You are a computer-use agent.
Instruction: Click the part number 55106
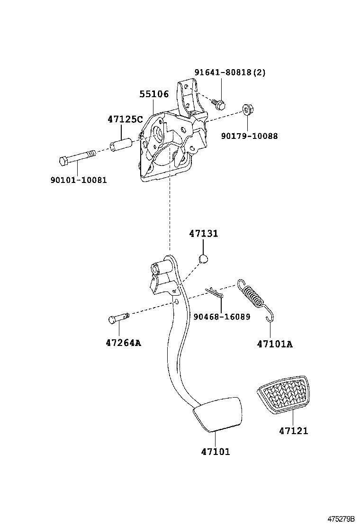coord(154,94)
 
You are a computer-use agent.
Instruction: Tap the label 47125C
coord(125,119)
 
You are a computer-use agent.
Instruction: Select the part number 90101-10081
coord(78,180)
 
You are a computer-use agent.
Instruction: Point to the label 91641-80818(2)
coord(230,73)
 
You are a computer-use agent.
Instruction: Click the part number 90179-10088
coord(249,136)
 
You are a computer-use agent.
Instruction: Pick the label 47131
coord(204,234)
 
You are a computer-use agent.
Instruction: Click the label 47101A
coord(275,344)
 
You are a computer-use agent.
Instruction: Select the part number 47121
coord(293,431)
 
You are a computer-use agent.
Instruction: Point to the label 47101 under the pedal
coord(215,452)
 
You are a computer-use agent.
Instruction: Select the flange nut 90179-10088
coord(246,110)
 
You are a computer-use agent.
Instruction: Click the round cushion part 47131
coord(203,258)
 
